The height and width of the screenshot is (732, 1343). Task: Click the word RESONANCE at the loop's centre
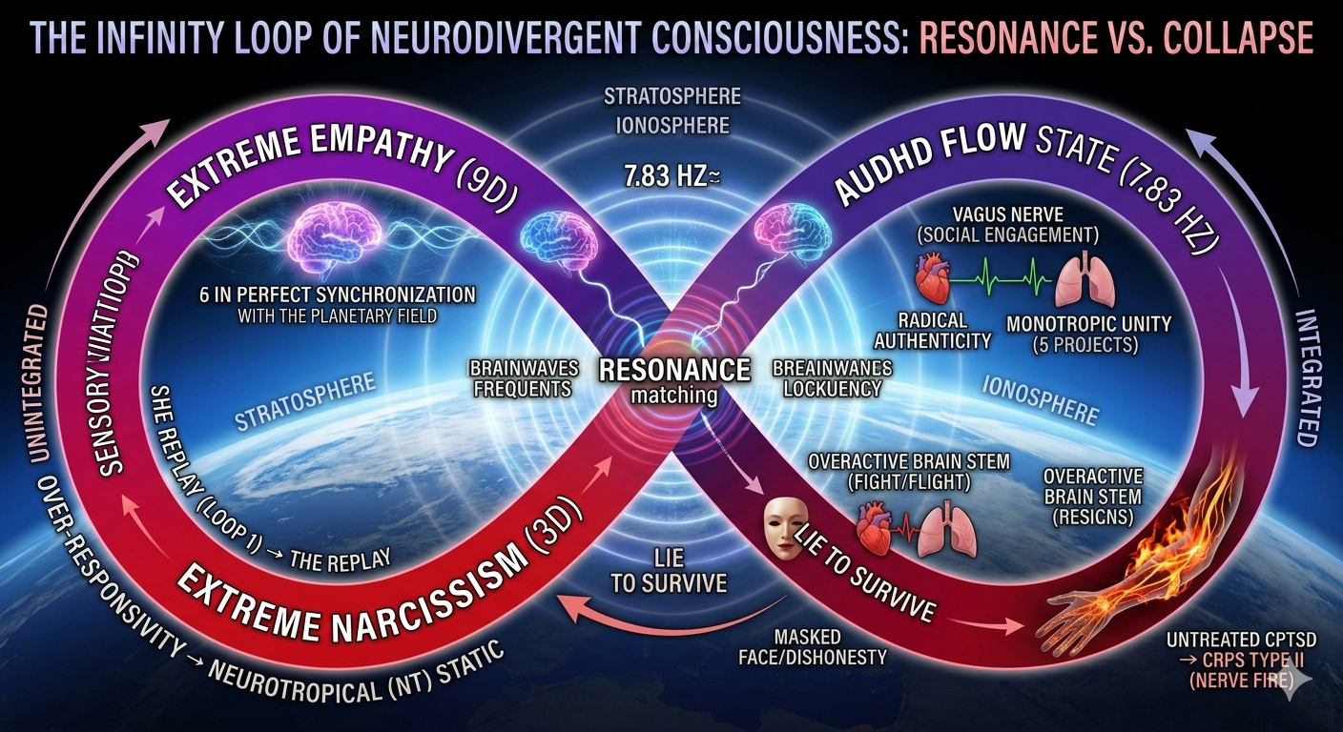[x=671, y=371]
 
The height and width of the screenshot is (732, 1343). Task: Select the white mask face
[x=784, y=526]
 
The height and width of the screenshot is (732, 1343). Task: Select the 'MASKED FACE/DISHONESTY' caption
[x=828, y=646]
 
